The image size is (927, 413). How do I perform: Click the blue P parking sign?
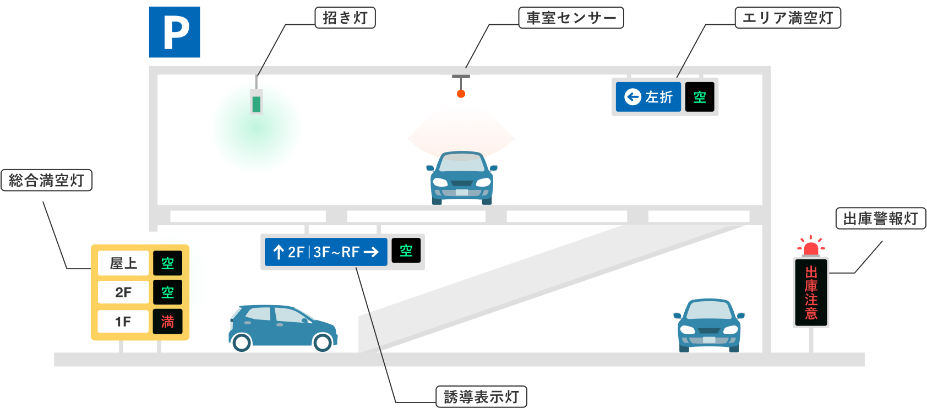point(175,32)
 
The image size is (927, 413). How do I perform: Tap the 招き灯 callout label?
point(345,18)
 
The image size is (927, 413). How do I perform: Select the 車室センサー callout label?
point(571,18)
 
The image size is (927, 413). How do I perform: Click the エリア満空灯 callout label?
point(788,18)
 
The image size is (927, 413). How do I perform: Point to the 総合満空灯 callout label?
point(47,181)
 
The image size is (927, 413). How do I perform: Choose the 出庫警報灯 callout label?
point(880,219)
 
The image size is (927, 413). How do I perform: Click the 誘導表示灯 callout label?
point(481,397)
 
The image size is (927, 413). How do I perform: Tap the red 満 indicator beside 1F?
point(167,322)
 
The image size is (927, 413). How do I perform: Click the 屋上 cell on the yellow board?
point(123,263)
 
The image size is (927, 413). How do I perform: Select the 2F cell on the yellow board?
point(123,292)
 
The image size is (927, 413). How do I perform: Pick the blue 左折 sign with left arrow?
point(648,97)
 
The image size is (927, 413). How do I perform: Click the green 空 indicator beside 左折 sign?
point(700,97)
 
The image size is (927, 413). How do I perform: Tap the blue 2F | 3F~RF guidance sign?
point(326,252)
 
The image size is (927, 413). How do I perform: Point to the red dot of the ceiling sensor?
point(461,94)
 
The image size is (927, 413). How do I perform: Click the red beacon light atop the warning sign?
point(811,248)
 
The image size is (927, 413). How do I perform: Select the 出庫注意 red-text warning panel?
point(811,293)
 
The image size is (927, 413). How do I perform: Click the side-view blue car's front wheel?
point(323,342)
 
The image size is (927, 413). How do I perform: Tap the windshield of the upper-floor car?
point(461,164)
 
